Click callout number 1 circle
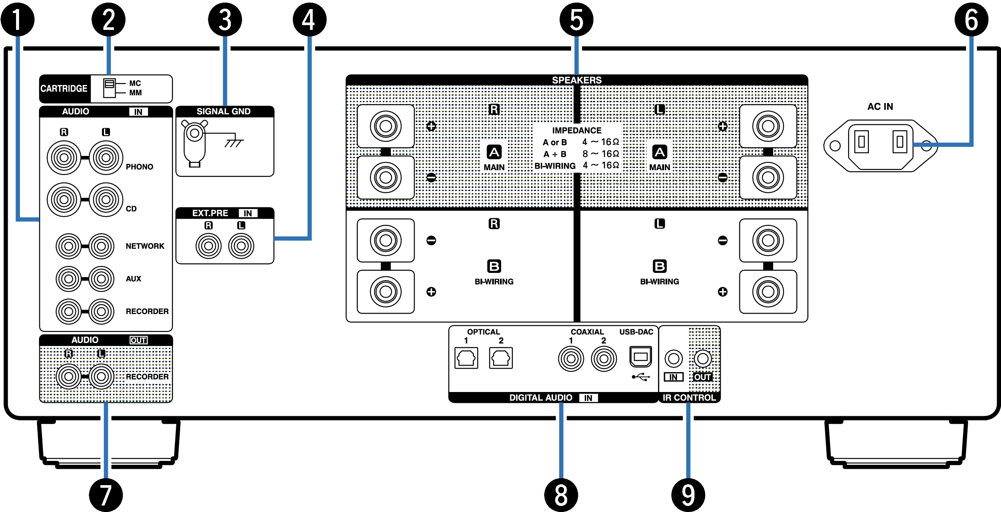coord(17,19)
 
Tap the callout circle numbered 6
coord(971,19)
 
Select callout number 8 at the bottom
coord(561,495)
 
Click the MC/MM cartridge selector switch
coord(109,88)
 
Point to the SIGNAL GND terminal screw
coord(194,133)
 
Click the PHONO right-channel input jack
coord(64,158)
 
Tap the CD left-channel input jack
coord(106,200)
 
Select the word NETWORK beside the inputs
coord(145,246)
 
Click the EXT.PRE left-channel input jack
coord(241,246)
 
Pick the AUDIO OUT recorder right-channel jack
coord(68,376)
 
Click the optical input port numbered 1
coord(466,358)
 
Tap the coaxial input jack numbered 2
coord(604,359)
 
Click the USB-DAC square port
coord(640,357)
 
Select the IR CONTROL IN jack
coord(673,359)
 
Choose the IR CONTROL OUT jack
coord(703,359)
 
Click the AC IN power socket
coord(881,146)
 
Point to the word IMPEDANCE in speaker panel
coord(577,130)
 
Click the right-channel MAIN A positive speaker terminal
coord(385,126)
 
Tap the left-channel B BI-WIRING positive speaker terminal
coord(768,292)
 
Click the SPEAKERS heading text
coord(577,80)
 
